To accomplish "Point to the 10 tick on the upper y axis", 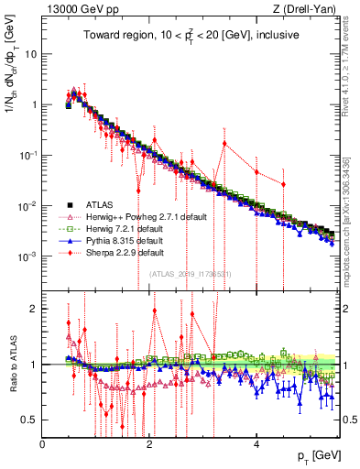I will pos(31,53).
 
